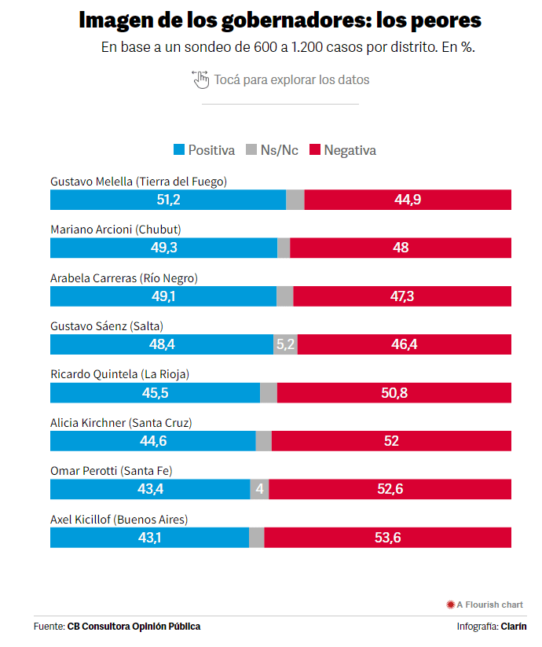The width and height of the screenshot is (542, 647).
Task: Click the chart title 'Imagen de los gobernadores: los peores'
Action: tap(280, 20)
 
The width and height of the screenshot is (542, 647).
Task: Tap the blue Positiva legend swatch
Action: tap(178, 150)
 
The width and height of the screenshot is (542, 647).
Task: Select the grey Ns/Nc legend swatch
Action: tap(251, 150)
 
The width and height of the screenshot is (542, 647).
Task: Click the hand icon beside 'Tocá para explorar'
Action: tap(200, 79)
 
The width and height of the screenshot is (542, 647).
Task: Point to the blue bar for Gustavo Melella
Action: tap(168, 200)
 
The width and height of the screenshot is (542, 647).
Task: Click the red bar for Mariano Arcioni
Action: tap(401, 248)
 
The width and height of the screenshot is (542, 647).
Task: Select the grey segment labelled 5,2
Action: tap(285, 344)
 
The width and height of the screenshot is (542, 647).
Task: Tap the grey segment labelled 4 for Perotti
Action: tap(259, 489)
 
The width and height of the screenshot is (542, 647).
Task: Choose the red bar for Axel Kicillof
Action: tap(388, 538)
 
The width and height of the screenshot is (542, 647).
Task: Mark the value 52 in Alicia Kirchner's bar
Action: tap(392, 441)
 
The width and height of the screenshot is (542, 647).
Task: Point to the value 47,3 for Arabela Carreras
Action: tap(401, 296)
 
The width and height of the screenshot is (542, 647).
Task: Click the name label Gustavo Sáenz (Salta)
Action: tap(106, 326)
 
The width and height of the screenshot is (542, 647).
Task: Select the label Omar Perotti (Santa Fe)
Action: tap(111, 471)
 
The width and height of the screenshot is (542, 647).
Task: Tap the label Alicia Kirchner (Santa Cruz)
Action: tap(121, 423)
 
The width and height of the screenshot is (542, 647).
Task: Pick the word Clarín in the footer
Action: tap(514, 627)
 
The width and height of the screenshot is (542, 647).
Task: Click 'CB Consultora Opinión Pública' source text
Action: tap(134, 627)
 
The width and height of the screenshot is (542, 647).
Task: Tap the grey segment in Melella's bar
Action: tap(295, 200)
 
